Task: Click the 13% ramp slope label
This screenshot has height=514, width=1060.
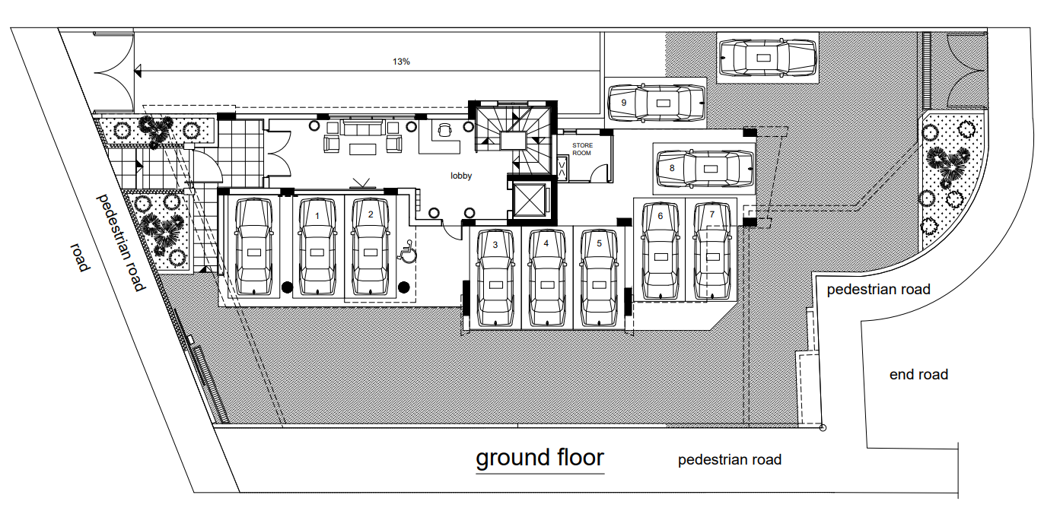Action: tap(401, 62)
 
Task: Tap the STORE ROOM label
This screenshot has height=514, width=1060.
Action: tap(582, 149)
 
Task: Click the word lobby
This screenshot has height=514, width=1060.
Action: tap(461, 176)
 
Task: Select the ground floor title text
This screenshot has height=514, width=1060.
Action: tap(540, 458)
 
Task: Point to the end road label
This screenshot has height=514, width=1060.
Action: tap(918, 375)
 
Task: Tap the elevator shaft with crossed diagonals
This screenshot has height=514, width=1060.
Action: tap(530, 200)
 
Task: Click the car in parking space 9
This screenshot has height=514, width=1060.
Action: tap(656, 103)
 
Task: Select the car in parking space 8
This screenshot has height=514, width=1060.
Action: tap(705, 168)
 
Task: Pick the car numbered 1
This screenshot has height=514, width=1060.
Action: tap(317, 246)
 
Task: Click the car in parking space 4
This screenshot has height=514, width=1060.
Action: tap(547, 278)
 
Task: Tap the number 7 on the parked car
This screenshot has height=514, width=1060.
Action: tap(711, 214)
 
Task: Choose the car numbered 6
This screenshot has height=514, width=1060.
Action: tap(661, 251)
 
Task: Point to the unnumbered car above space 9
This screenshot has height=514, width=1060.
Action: tap(768, 58)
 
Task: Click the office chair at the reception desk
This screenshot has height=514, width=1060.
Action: tap(445, 129)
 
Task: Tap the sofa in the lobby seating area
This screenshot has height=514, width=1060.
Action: tap(362, 128)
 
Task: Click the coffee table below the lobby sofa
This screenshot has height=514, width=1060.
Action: tap(362, 150)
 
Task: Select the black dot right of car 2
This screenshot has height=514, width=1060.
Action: tap(403, 287)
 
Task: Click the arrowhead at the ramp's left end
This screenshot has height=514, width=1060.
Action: tap(138, 72)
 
